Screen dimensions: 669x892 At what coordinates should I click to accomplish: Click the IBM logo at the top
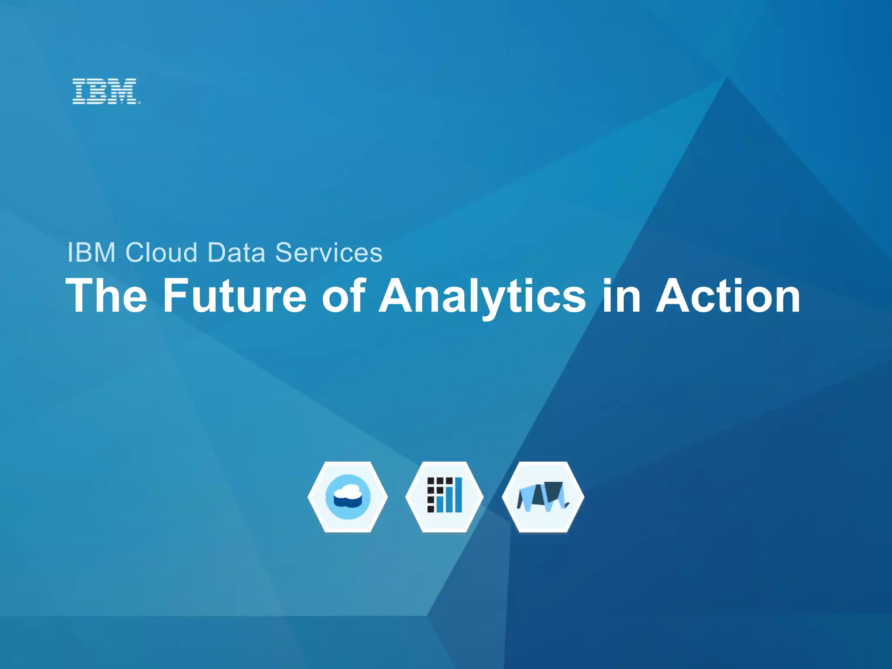[105, 91]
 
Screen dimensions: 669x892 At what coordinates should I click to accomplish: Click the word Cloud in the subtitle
[161, 253]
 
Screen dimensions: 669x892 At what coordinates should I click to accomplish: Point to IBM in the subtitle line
[91, 253]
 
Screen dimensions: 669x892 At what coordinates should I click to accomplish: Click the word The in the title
[107, 296]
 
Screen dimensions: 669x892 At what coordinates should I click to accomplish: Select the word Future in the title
[235, 296]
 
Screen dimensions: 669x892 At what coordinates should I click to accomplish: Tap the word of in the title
[344, 296]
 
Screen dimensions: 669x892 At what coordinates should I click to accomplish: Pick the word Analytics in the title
[482, 296]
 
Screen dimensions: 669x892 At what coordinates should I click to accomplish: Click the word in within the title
[622, 296]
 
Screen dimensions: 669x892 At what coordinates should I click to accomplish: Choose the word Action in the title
[728, 296]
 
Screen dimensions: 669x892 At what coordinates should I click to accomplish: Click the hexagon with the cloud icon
[348, 497]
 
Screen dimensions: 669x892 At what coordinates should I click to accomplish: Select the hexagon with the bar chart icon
[444, 497]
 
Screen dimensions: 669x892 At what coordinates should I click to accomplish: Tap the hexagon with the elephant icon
[543, 497]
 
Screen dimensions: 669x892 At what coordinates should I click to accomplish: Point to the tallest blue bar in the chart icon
[458, 495]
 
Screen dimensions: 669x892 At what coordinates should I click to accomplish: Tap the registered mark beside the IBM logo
[139, 103]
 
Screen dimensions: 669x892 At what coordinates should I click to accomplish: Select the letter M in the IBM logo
[124, 91]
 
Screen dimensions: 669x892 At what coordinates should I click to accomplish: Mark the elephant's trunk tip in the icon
[567, 505]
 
